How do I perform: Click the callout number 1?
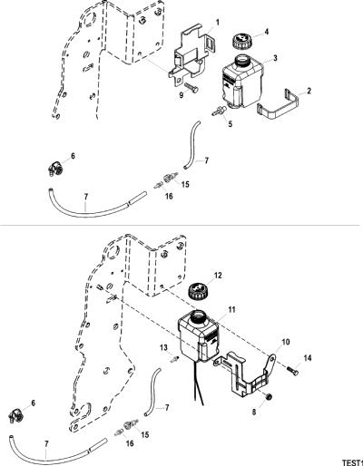(x=218, y=22)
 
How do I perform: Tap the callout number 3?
(x=275, y=58)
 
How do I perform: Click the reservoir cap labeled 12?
(x=198, y=291)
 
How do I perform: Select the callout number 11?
(x=231, y=310)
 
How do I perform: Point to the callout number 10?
(x=286, y=342)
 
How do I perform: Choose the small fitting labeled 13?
(x=175, y=359)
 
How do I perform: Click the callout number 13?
(x=163, y=348)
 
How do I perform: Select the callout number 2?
(x=309, y=91)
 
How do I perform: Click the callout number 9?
(x=181, y=95)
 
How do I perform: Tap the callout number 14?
(x=308, y=358)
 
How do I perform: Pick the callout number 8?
(x=254, y=412)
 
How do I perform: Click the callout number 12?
(x=218, y=276)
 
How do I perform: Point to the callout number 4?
(x=267, y=32)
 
